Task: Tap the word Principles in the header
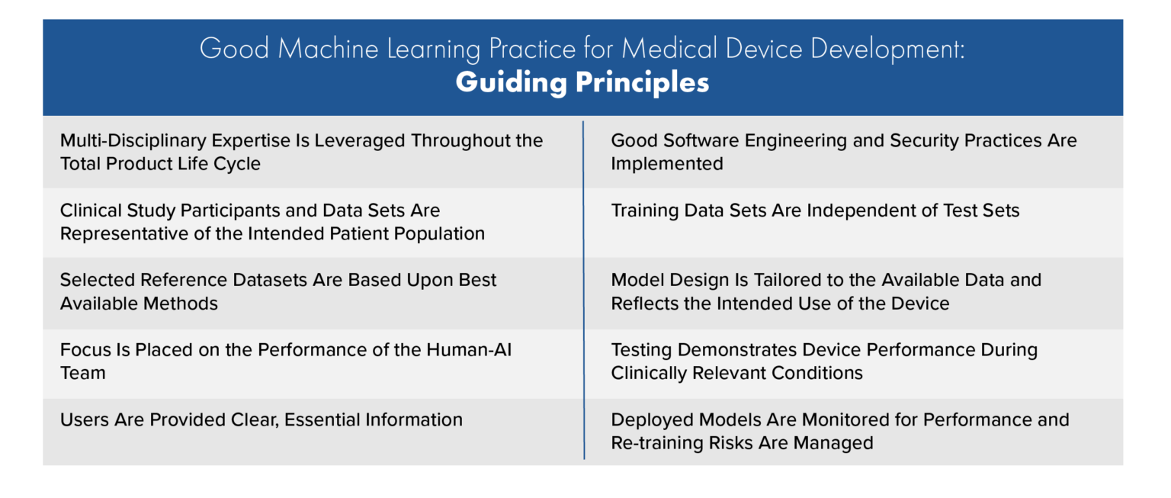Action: point(639,82)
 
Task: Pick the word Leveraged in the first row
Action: point(357,140)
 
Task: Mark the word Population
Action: point(437,233)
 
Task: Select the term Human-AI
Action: point(483,350)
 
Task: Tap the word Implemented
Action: point(667,164)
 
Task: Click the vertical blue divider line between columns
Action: point(584,290)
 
